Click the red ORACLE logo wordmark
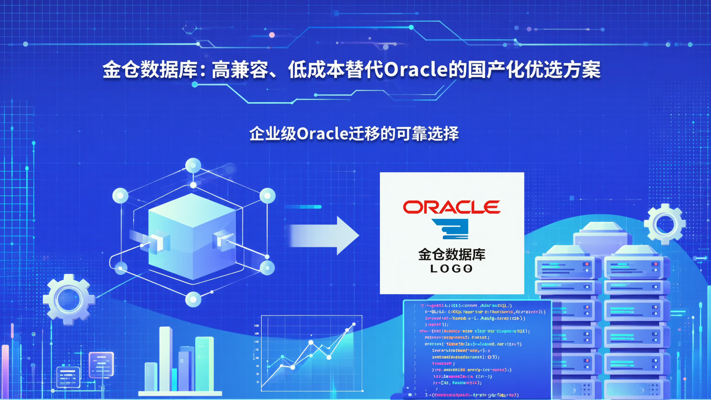[x=451, y=207]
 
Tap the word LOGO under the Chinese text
[x=451, y=269]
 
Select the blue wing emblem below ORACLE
[x=450, y=229]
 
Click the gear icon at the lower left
[x=69, y=299]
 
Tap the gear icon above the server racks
[x=665, y=224]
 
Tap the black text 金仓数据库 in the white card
[x=451, y=254]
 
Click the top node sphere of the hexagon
[x=193, y=165]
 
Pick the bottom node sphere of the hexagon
[x=193, y=299]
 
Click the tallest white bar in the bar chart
[x=166, y=359]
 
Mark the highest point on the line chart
[x=354, y=324]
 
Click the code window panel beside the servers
[x=476, y=348]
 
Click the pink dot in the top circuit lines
[x=272, y=35]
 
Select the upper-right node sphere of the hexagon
[x=267, y=196]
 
